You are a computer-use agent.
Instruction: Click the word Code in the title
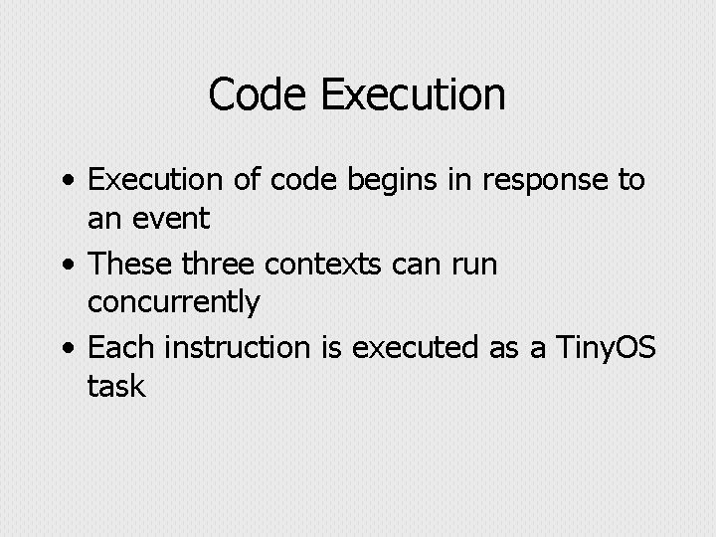tap(261, 95)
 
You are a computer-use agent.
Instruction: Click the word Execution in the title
tap(414, 95)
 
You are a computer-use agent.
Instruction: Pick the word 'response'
tap(544, 182)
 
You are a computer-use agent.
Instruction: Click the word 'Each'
tap(122, 348)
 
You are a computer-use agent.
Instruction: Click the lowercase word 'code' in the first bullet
tap(280, 181)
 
